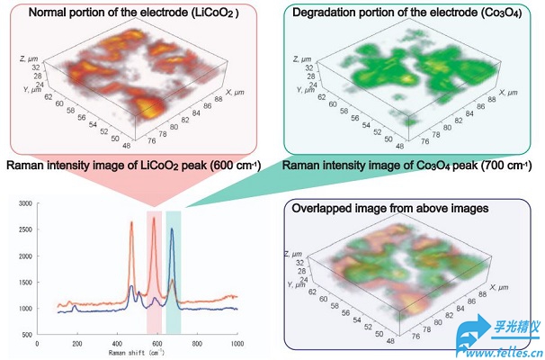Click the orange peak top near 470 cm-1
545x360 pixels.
pyautogui.click(x=131, y=224)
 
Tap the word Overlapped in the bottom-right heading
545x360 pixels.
pyautogui.click(x=323, y=208)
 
